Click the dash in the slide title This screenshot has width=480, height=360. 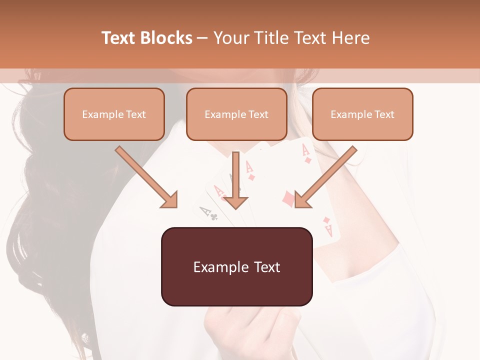click(x=202, y=38)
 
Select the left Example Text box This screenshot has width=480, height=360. click(x=114, y=114)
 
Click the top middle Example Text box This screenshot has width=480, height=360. click(x=236, y=114)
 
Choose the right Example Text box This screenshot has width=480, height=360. click(x=362, y=114)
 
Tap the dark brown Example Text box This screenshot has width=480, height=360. click(x=236, y=266)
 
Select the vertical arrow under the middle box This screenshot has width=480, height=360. click(x=235, y=180)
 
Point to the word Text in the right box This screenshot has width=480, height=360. click(x=384, y=114)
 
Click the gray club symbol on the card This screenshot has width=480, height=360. click(x=214, y=217)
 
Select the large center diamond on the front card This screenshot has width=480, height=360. click(x=288, y=199)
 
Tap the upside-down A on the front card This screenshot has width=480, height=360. click(x=328, y=229)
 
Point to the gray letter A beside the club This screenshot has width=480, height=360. click(x=204, y=212)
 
